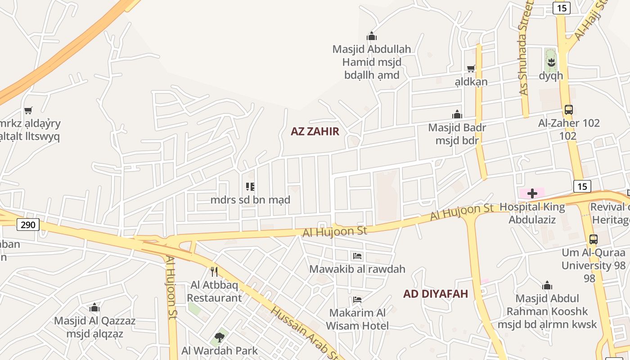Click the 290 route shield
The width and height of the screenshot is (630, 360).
28,224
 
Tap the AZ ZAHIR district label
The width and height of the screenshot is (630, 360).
315,131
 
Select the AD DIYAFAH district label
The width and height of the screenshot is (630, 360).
435,294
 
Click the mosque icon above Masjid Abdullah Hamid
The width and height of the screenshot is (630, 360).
371,36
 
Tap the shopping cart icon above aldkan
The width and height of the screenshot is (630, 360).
471,68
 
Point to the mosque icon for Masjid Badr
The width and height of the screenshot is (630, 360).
457,114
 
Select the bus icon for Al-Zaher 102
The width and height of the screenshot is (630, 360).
569,109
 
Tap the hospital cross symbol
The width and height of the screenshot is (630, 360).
532,193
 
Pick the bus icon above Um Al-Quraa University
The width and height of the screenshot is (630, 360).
593,239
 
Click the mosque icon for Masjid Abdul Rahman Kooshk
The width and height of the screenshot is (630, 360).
547,285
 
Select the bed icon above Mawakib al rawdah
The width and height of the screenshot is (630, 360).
357,256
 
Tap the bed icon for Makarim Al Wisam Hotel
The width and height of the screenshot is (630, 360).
357,299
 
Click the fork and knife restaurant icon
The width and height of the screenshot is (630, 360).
214,271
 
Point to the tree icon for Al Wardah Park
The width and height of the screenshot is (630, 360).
219,337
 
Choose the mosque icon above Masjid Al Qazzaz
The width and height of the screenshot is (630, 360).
94,308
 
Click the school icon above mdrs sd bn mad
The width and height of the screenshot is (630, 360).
250,186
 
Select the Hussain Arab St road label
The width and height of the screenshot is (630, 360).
306,333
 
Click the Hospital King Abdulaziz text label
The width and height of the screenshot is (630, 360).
532,213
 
